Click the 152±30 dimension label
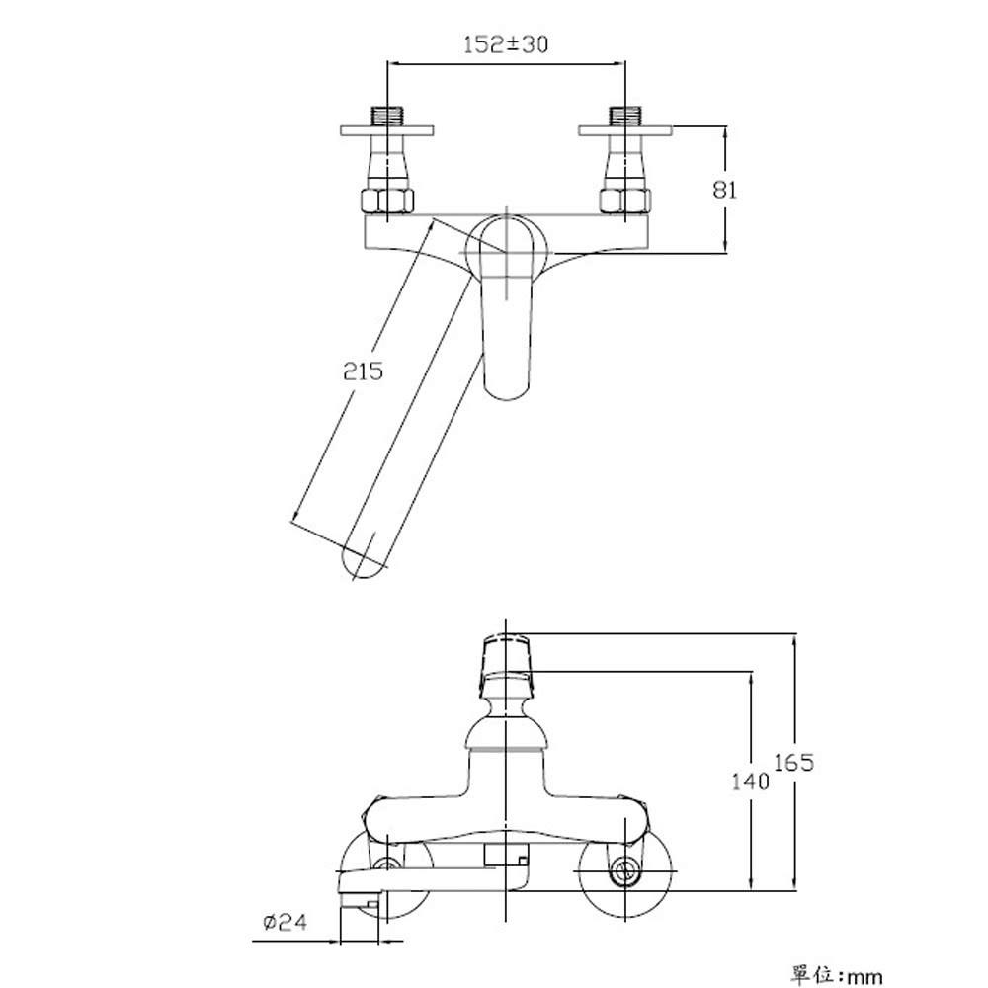pos(505,44)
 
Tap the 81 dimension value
pos(724,189)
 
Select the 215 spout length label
pos(363,371)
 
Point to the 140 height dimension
pos(750,782)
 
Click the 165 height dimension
pos(793,763)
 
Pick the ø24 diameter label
pos(286,923)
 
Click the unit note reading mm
pos(864,977)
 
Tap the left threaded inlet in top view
pos(386,116)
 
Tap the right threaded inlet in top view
pos(624,116)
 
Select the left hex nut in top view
pos(387,201)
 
